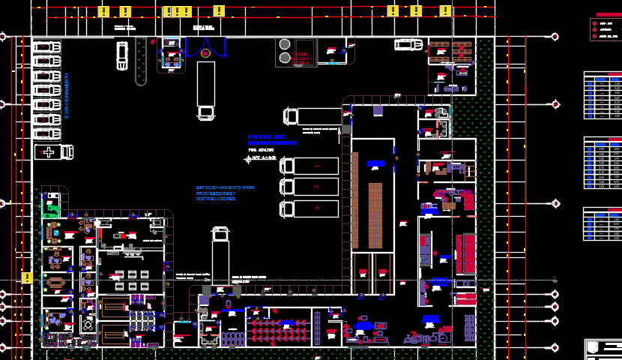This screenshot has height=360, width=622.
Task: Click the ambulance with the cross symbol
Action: [54, 152]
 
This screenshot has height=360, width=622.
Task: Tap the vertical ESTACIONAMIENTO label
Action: [67, 95]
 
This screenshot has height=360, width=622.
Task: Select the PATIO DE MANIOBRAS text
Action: [272, 139]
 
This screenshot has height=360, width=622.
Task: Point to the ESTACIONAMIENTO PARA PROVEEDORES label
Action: [225, 193]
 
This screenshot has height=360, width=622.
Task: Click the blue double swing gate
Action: [206, 49]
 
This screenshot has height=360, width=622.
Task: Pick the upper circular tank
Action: [285, 45]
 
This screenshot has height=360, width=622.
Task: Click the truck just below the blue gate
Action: [206, 90]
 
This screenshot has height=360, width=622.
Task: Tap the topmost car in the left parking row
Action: [46, 47]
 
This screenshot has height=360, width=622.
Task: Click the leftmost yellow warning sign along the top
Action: [105, 10]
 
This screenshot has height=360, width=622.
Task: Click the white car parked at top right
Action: [408, 44]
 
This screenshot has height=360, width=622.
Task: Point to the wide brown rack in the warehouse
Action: [375, 215]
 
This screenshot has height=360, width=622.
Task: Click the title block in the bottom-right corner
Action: [603, 349]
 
